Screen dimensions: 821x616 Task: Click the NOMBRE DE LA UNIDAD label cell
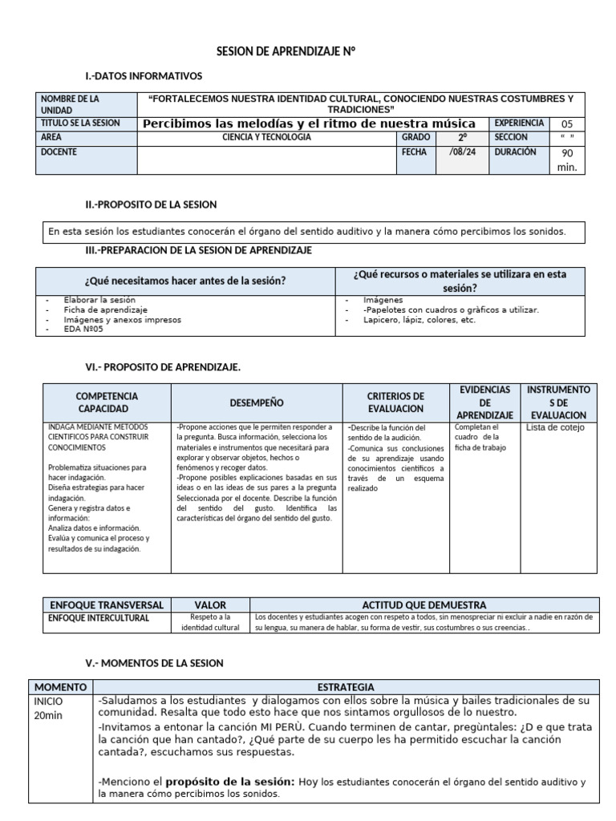(x=87, y=104)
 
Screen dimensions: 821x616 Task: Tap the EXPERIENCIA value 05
(x=567, y=124)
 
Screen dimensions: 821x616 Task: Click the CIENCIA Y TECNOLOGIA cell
(x=267, y=138)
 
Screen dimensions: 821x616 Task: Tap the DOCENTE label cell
(x=87, y=152)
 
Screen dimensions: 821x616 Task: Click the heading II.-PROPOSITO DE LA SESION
(x=151, y=205)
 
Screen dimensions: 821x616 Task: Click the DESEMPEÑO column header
(x=257, y=402)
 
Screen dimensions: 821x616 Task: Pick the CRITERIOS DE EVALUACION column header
(x=395, y=402)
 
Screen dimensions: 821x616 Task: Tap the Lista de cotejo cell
(x=555, y=428)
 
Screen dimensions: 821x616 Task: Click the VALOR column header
(x=210, y=605)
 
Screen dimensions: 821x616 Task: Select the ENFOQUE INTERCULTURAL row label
(x=99, y=618)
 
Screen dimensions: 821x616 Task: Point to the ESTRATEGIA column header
(x=345, y=687)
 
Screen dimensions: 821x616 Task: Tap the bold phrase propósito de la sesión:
(x=230, y=782)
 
